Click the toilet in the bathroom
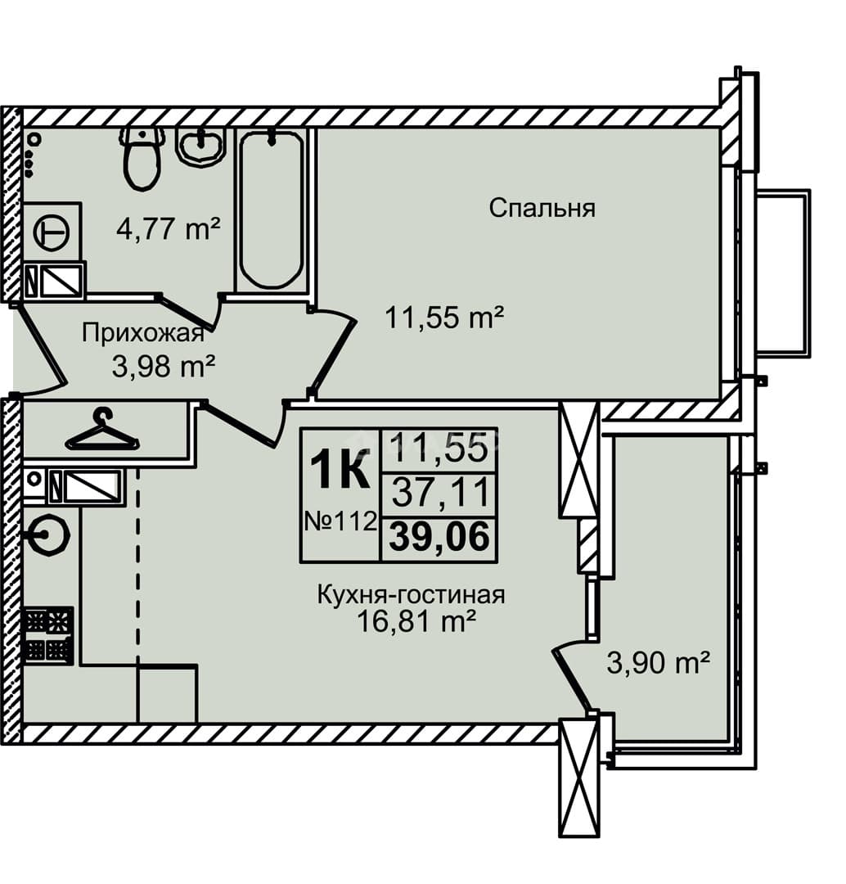click(x=142, y=157)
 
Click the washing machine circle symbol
click(x=52, y=232)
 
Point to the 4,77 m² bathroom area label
click(x=168, y=229)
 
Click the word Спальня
click(x=542, y=208)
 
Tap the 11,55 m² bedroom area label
click(x=444, y=317)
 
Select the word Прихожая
click(x=143, y=332)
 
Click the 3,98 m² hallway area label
click(x=164, y=367)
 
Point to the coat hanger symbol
click(x=102, y=431)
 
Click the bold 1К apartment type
click(x=340, y=467)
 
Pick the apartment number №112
click(x=340, y=521)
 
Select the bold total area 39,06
click(x=439, y=536)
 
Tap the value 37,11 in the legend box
click(x=440, y=492)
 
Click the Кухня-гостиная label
click(x=411, y=595)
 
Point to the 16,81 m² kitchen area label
click(x=417, y=622)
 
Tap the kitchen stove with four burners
click(x=48, y=635)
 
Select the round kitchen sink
click(x=50, y=535)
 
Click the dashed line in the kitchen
click(x=138, y=564)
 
